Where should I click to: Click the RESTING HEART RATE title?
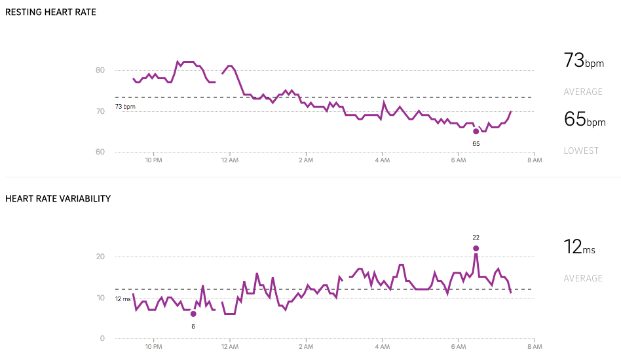coord(50,12)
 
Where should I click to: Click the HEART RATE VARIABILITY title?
coord(58,199)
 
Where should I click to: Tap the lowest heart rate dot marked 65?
coord(476,131)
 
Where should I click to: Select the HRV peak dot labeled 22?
coord(476,248)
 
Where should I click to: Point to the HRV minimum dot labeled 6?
coord(193,314)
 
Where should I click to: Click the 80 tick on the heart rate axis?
coord(100,70)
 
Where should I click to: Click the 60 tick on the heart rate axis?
coord(100,152)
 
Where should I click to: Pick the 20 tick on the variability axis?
coord(100,257)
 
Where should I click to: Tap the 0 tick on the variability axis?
coord(103,338)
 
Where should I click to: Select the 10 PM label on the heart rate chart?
coord(153,160)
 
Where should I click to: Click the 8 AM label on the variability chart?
coord(535,346)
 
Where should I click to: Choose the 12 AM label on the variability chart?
coord(229,346)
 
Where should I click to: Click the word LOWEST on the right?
coord(581,151)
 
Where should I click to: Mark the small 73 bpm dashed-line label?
coord(125,106)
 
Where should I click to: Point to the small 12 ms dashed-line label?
coord(123,299)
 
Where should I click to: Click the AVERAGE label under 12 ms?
coord(583,278)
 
